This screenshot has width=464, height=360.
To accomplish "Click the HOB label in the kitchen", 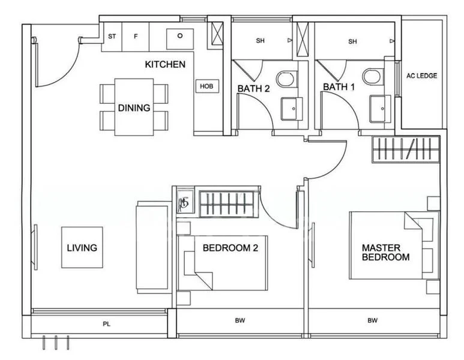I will point(206,86).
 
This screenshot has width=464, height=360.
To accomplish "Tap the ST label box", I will point(112,37).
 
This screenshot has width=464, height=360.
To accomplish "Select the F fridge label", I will point(136,37).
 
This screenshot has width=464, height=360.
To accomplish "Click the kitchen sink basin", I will point(179,37).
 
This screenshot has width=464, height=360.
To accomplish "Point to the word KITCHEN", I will point(165,64).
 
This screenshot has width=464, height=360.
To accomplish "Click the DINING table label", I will point(134,108).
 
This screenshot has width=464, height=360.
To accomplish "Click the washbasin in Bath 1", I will point(379,109).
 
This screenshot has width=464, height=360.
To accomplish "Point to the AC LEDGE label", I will point(421,76).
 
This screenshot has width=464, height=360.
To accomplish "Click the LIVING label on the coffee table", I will point(82,247).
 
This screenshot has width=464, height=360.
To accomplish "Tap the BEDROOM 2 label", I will point(230,248).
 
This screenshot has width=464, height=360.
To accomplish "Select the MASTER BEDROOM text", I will point(385,252).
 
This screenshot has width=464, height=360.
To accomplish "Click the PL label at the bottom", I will point(106,325).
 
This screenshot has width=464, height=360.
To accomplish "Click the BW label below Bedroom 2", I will point(240,321).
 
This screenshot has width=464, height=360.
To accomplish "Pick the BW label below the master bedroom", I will point(373,321).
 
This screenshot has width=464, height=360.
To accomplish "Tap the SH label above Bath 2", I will point(260,41).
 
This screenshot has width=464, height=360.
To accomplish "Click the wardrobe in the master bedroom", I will point(406,148).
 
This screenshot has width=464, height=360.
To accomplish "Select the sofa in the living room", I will point(146,246).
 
